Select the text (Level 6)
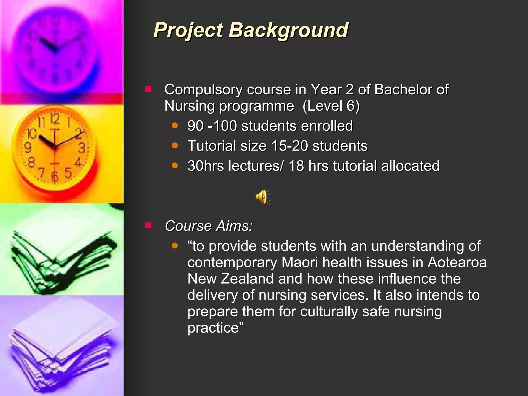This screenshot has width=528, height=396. pyautogui.click(x=331, y=106)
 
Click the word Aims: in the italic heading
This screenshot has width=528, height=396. pyautogui.click(x=234, y=226)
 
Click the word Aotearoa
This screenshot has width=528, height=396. pyautogui.click(x=457, y=262)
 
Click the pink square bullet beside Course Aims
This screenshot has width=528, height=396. pyautogui.click(x=148, y=226)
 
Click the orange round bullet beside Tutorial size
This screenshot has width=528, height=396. pyautogui.click(x=175, y=146)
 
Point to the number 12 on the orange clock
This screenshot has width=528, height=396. pyautogui.click(x=55, y=119)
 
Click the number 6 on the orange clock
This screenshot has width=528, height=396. pyautogui.click(x=55, y=177)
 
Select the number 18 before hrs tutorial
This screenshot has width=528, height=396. pyautogui.click(x=296, y=166)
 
